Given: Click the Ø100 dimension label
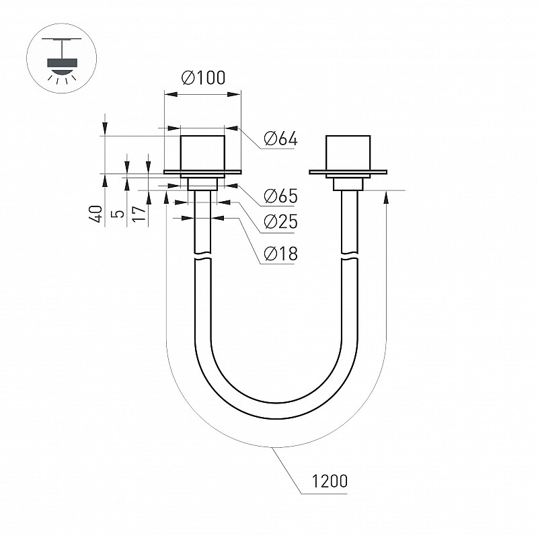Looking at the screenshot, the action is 203,77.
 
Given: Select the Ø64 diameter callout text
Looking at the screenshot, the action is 280,139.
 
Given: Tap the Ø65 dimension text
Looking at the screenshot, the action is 280,196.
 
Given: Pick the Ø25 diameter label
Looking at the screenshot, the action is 280,221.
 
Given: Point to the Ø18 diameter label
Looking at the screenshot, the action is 280,254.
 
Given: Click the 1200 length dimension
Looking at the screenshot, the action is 330,481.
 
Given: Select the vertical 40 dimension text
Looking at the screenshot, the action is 98,214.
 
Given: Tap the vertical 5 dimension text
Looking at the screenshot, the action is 119,214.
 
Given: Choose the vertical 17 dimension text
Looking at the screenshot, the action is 140,213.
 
